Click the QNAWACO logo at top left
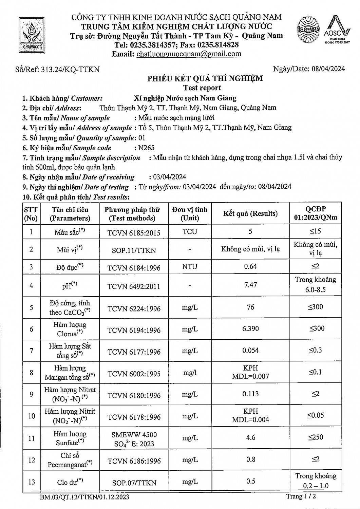click(x=31, y=35)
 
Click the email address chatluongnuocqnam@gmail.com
click(x=189, y=54)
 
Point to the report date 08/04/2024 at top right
click(x=327, y=69)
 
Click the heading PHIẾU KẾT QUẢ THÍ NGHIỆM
click(x=205, y=79)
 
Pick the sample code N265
click(x=146, y=148)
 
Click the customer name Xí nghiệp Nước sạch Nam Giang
click(x=185, y=98)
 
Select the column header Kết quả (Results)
click(x=250, y=213)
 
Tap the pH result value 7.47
click(x=250, y=285)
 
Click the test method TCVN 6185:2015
click(x=134, y=233)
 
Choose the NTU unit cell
click(x=190, y=267)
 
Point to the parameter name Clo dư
click(x=70, y=482)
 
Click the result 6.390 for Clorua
click(x=250, y=328)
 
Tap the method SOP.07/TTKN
click(x=134, y=483)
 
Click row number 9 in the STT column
click(x=31, y=394)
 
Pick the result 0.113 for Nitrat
click(x=250, y=394)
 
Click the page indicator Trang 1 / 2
click(x=301, y=496)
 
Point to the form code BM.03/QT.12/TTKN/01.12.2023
click(x=84, y=497)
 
